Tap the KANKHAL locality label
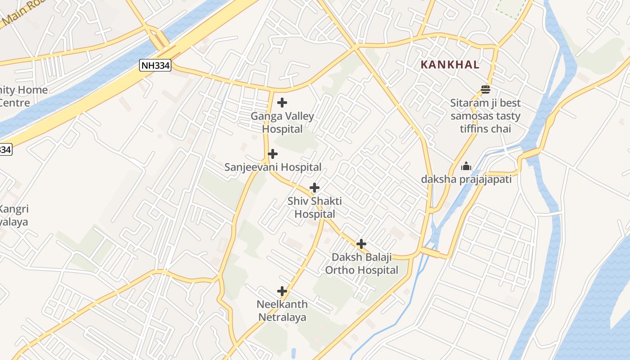[x=450, y=65]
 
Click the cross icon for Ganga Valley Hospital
[x=282, y=103]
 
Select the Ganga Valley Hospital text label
[x=282, y=122]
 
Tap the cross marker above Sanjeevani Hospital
[x=272, y=154]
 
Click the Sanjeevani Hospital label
[x=273, y=167]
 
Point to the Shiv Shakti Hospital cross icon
[x=315, y=188]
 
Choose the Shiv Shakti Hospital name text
[x=315, y=207]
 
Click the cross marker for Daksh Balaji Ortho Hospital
[x=361, y=244]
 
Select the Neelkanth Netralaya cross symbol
[x=282, y=291]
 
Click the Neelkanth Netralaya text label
[x=282, y=310]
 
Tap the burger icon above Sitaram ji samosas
[x=485, y=89]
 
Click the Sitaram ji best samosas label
[x=485, y=116]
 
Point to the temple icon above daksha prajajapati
[x=466, y=166]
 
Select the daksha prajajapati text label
[x=466, y=180]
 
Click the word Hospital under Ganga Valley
[x=282, y=129]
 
